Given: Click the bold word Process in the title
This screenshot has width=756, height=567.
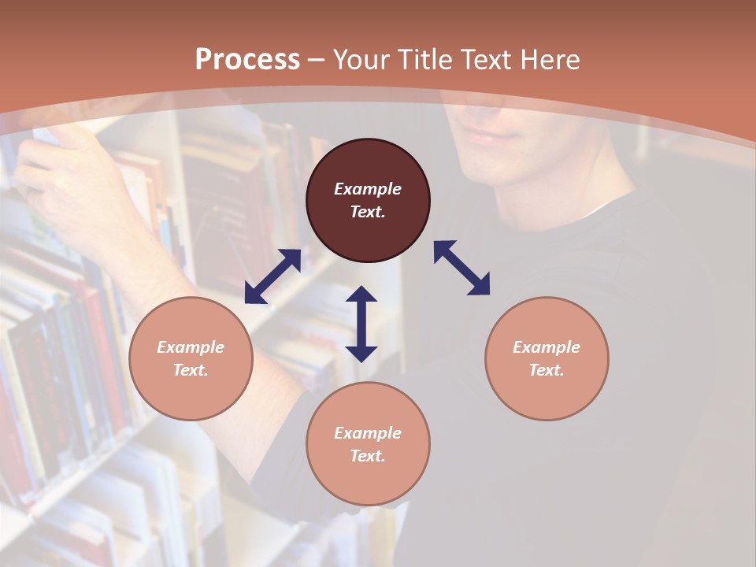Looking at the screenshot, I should click(247, 60).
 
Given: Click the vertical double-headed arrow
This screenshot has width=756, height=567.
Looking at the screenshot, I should click(361, 324).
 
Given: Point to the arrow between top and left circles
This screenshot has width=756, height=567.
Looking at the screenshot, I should click(272, 276).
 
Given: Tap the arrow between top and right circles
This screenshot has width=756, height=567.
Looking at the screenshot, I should click(461, 268).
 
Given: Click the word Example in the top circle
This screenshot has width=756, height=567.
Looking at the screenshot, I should click(368, 189).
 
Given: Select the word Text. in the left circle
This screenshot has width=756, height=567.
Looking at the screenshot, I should click(191, 370).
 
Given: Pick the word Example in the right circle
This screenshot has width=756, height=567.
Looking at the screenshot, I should click(547, 347).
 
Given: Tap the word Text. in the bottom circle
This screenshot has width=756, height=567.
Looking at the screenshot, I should click(368, 456).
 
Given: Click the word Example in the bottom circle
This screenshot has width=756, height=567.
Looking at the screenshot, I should click(368, 433).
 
